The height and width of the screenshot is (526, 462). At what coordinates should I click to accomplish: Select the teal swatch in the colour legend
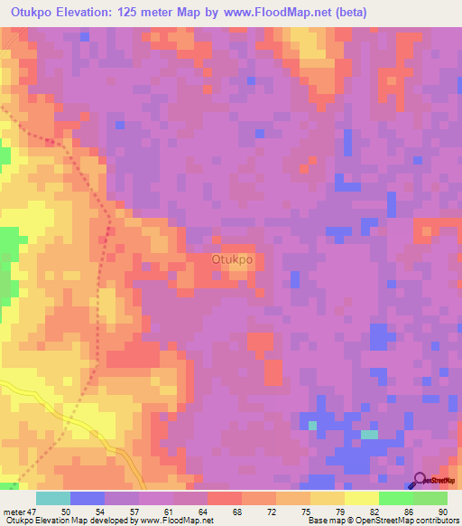coord(53,498)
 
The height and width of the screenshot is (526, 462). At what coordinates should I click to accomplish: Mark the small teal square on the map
coord(312,424)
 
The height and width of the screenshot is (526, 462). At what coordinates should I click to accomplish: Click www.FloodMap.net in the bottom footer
coord(175,521)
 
